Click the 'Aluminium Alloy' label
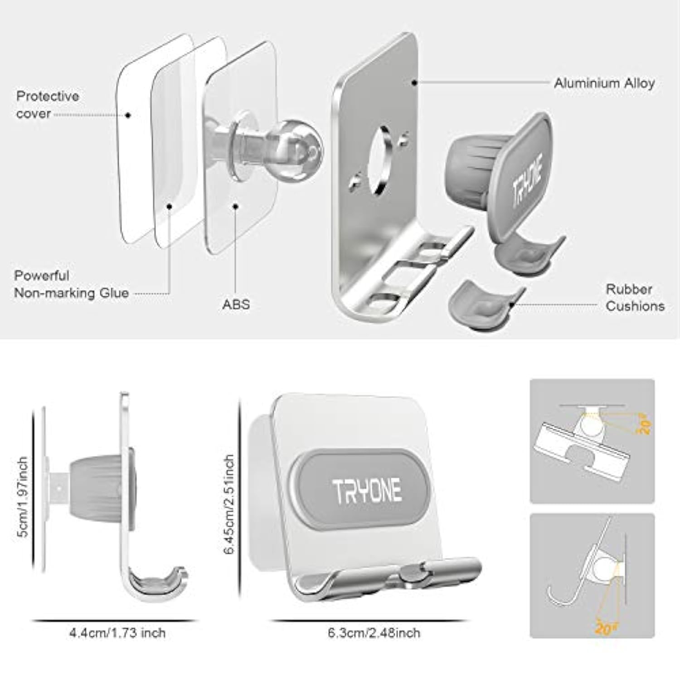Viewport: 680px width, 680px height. pyautogui.click(x=604, y=83)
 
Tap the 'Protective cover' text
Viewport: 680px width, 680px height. pyautogui.click(x=47, y=105)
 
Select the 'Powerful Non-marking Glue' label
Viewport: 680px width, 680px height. pyautogui.click(x=71, y=285)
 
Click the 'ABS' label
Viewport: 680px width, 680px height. pyautogui.click(x=236, y=304)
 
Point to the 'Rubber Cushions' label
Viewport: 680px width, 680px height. pyautogui.click(x=635, y=298)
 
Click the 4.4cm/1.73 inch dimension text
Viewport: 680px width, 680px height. pyautogui.click(x=117, y=633)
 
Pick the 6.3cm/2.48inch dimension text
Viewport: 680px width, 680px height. pyautogui.click(x=374, y=633)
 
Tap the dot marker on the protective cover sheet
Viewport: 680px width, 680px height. pyautogui.click(x=128, y=115)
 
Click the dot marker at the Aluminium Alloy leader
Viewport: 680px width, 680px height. pyautogui.click(x=414, y=83)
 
